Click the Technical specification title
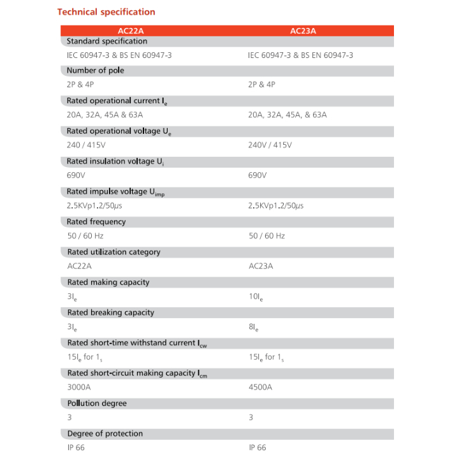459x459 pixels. pos(106,11)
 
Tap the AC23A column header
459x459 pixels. pos(303,31)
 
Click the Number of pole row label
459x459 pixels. pos(96,71)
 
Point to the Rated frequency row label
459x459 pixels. pos(96,222)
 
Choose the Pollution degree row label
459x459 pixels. pos(97,403)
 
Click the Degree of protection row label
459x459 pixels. pos(105,433)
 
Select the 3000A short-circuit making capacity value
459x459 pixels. pos(80,387)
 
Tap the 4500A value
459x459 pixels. pos(261,387)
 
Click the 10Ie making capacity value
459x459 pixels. pos(256,296)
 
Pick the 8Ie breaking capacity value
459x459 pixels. pos(254,327)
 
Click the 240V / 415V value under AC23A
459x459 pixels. pos(270,145)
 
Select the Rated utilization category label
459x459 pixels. pos(113,252)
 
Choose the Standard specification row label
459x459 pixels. pos(106,41)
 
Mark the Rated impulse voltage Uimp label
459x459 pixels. pos(115,192)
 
